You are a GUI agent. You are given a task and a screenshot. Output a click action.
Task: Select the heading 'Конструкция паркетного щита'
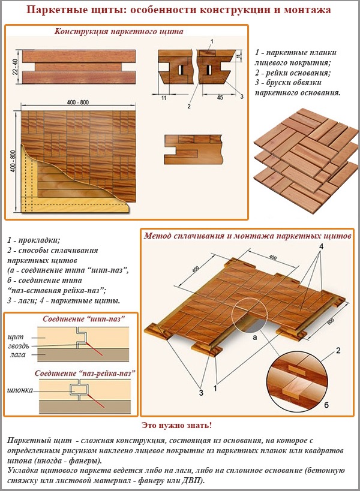point(119,31)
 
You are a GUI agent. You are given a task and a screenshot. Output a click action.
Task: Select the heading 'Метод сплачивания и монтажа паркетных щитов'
point(247,236)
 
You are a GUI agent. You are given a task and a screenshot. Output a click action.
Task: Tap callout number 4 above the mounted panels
point(321,246)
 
